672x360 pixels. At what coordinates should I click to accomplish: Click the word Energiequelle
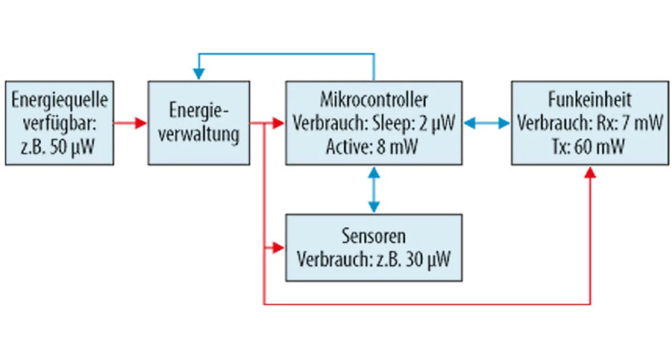coord(60,100)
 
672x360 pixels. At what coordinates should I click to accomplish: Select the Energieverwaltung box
coord(198,123)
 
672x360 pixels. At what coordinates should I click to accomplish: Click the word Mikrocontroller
coord(374,100)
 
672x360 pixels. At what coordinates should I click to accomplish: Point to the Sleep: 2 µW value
coord(414,123)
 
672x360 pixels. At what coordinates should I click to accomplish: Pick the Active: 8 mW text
coord(372,147)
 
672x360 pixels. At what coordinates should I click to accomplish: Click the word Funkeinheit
coord(590,100)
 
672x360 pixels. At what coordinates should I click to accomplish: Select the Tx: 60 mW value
coord(589,147)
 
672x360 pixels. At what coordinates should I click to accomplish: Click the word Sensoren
coord(374,236)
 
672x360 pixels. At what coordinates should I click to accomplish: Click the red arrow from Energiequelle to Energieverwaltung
coord(130,123)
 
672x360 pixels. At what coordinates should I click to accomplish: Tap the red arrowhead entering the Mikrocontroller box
coord(278,123)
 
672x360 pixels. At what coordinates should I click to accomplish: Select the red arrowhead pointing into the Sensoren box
coord(278,248)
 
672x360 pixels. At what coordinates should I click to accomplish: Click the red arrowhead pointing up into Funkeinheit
coord(590,173)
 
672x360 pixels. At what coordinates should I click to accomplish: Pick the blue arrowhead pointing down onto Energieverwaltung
coord(199,74)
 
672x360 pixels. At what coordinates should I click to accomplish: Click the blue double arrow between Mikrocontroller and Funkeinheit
coord(487,123)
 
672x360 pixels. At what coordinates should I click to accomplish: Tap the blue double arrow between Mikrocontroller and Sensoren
coord(374,189)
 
